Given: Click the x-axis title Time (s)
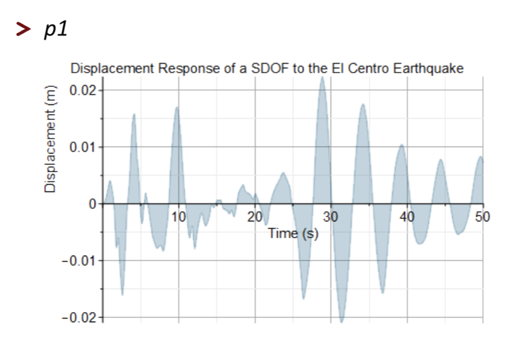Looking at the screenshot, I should pyautogui.click(x=293, y=233).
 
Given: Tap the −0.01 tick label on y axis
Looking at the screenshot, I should pyautogui.click(x=79, y=261).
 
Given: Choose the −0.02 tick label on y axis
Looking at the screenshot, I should pyautogui.click(x=79, y=317).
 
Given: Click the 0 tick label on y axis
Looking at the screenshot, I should pyautogui.click(x=92, y=204).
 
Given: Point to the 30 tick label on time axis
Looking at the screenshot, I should pyautogui.click(x=331, y=217).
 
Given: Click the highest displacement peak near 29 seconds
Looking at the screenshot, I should pyautogui.click(x=322, y=78).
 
